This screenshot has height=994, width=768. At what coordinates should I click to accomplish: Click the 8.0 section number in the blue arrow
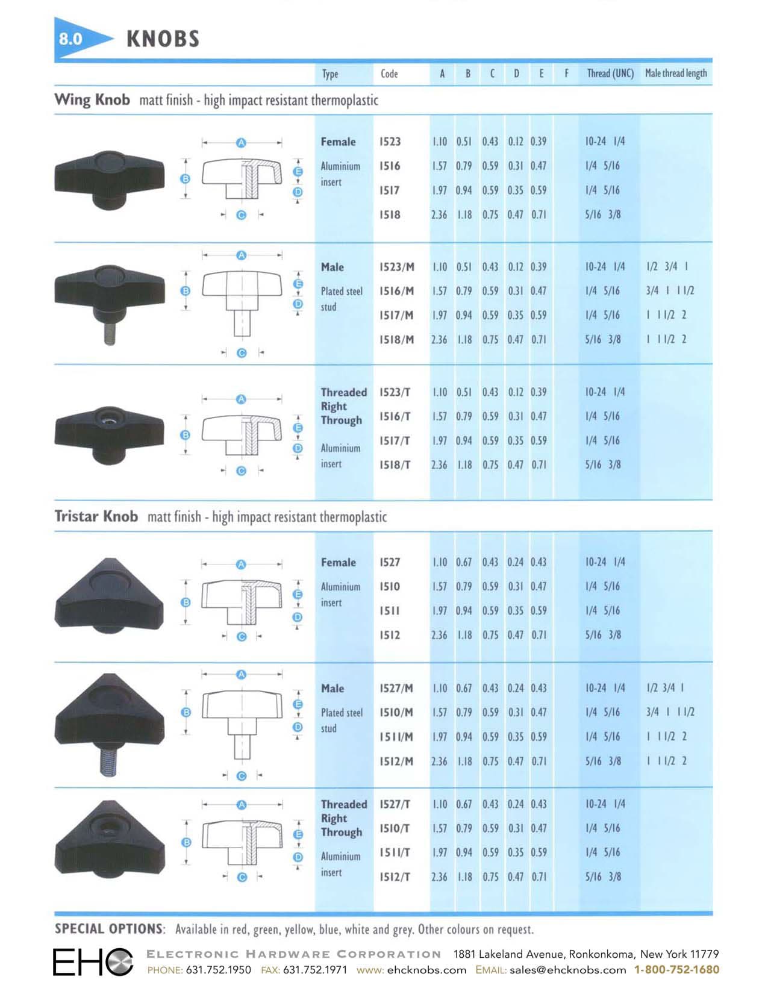pos(70,39)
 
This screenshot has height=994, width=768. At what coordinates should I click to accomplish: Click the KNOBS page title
pos(163,39)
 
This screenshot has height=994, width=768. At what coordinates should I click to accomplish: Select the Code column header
pos(389,73)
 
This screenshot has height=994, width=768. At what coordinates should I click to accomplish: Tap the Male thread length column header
pos(676,73)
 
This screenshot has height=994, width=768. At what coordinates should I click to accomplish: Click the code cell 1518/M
pos(396,339)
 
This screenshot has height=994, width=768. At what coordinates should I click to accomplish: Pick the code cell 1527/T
pos(395,804)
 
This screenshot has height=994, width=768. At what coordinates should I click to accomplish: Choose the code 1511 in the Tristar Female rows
pos(389,611)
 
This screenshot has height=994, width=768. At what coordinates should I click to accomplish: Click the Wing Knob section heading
pos(92,99)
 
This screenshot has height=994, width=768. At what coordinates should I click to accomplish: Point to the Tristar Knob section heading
pos(96,516)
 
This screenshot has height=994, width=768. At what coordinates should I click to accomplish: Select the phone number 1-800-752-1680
pos(676,969)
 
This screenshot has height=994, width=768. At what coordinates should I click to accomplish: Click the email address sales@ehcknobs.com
pos(567,970)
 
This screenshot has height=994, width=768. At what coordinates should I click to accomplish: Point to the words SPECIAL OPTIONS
pos(109,928)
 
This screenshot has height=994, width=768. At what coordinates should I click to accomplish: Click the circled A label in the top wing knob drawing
pos(241,143)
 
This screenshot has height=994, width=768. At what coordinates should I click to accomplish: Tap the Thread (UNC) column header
pos(610,73)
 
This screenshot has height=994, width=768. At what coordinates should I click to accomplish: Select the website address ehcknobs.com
pos(427,970)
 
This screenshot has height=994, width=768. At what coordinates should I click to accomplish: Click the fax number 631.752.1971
pos(315,970)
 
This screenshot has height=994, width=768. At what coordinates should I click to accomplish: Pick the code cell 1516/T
pos(395,416)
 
